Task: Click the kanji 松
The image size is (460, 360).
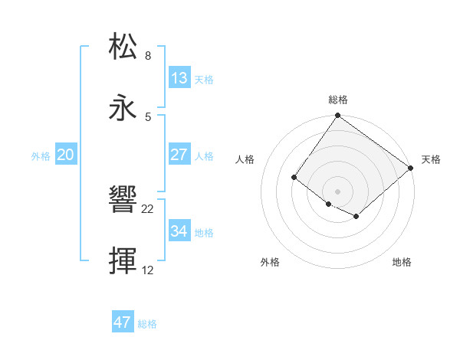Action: (123, 46)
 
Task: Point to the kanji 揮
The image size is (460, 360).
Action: (123, 260)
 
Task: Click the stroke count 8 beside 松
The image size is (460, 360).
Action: (148, 56)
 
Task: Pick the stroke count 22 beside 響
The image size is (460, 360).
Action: (148, 209)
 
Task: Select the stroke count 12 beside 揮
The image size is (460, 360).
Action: (148, 270)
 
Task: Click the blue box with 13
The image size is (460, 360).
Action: (179, 78)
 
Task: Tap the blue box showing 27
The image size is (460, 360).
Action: (179, 155)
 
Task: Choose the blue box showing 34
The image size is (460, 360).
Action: (179, 231)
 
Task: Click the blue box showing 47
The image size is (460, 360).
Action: (123, 322)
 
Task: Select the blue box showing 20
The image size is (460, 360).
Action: (66, 155)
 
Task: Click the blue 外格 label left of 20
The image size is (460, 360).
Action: (41, 156)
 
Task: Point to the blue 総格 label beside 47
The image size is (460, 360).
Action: (147, 324)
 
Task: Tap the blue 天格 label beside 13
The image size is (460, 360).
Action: (204, 80)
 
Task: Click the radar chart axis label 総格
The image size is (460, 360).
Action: (338, 100)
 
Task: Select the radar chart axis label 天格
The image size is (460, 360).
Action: (431, 159)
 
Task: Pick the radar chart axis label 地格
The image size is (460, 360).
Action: (402, 263)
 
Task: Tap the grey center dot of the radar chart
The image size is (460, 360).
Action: (337, 191)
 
